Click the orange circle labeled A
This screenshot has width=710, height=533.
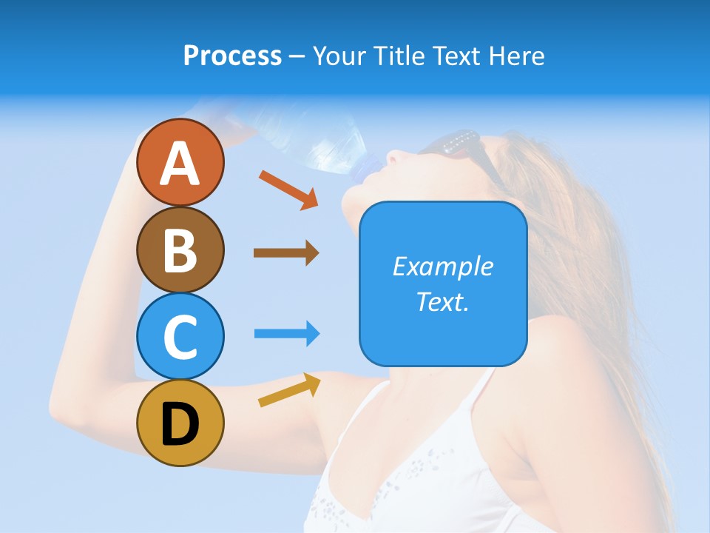pos(180,162)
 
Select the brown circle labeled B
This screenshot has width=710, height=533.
pos(180,249)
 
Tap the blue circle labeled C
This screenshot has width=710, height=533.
pos(180,336)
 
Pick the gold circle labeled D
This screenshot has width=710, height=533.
pos(180,423)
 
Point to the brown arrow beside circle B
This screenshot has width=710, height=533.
pos(286,253)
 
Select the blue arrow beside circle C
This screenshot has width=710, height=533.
pos(286,333)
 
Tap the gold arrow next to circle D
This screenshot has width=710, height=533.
pos(289,390)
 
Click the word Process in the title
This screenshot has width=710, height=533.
pos(232,56)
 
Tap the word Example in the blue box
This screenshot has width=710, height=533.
pos(442,266)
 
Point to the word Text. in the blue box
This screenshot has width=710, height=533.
pos(442,301)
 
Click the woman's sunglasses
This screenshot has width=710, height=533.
pos(459,148)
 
